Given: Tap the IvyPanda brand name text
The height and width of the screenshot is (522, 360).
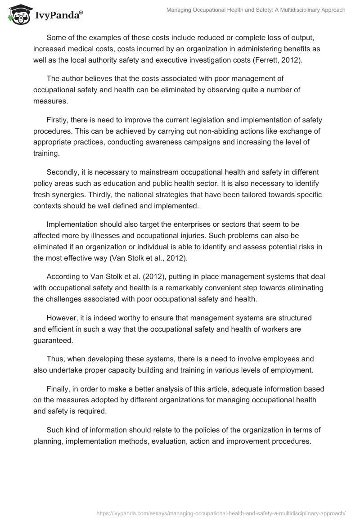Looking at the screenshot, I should click(x=57, y=17).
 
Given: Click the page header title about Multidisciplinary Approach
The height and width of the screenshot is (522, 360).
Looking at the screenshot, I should click(x=256, y=10).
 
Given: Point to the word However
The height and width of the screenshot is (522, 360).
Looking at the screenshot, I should click(x=63, y=318).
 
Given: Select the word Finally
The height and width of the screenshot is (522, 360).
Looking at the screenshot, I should click(x=59, y=389).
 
